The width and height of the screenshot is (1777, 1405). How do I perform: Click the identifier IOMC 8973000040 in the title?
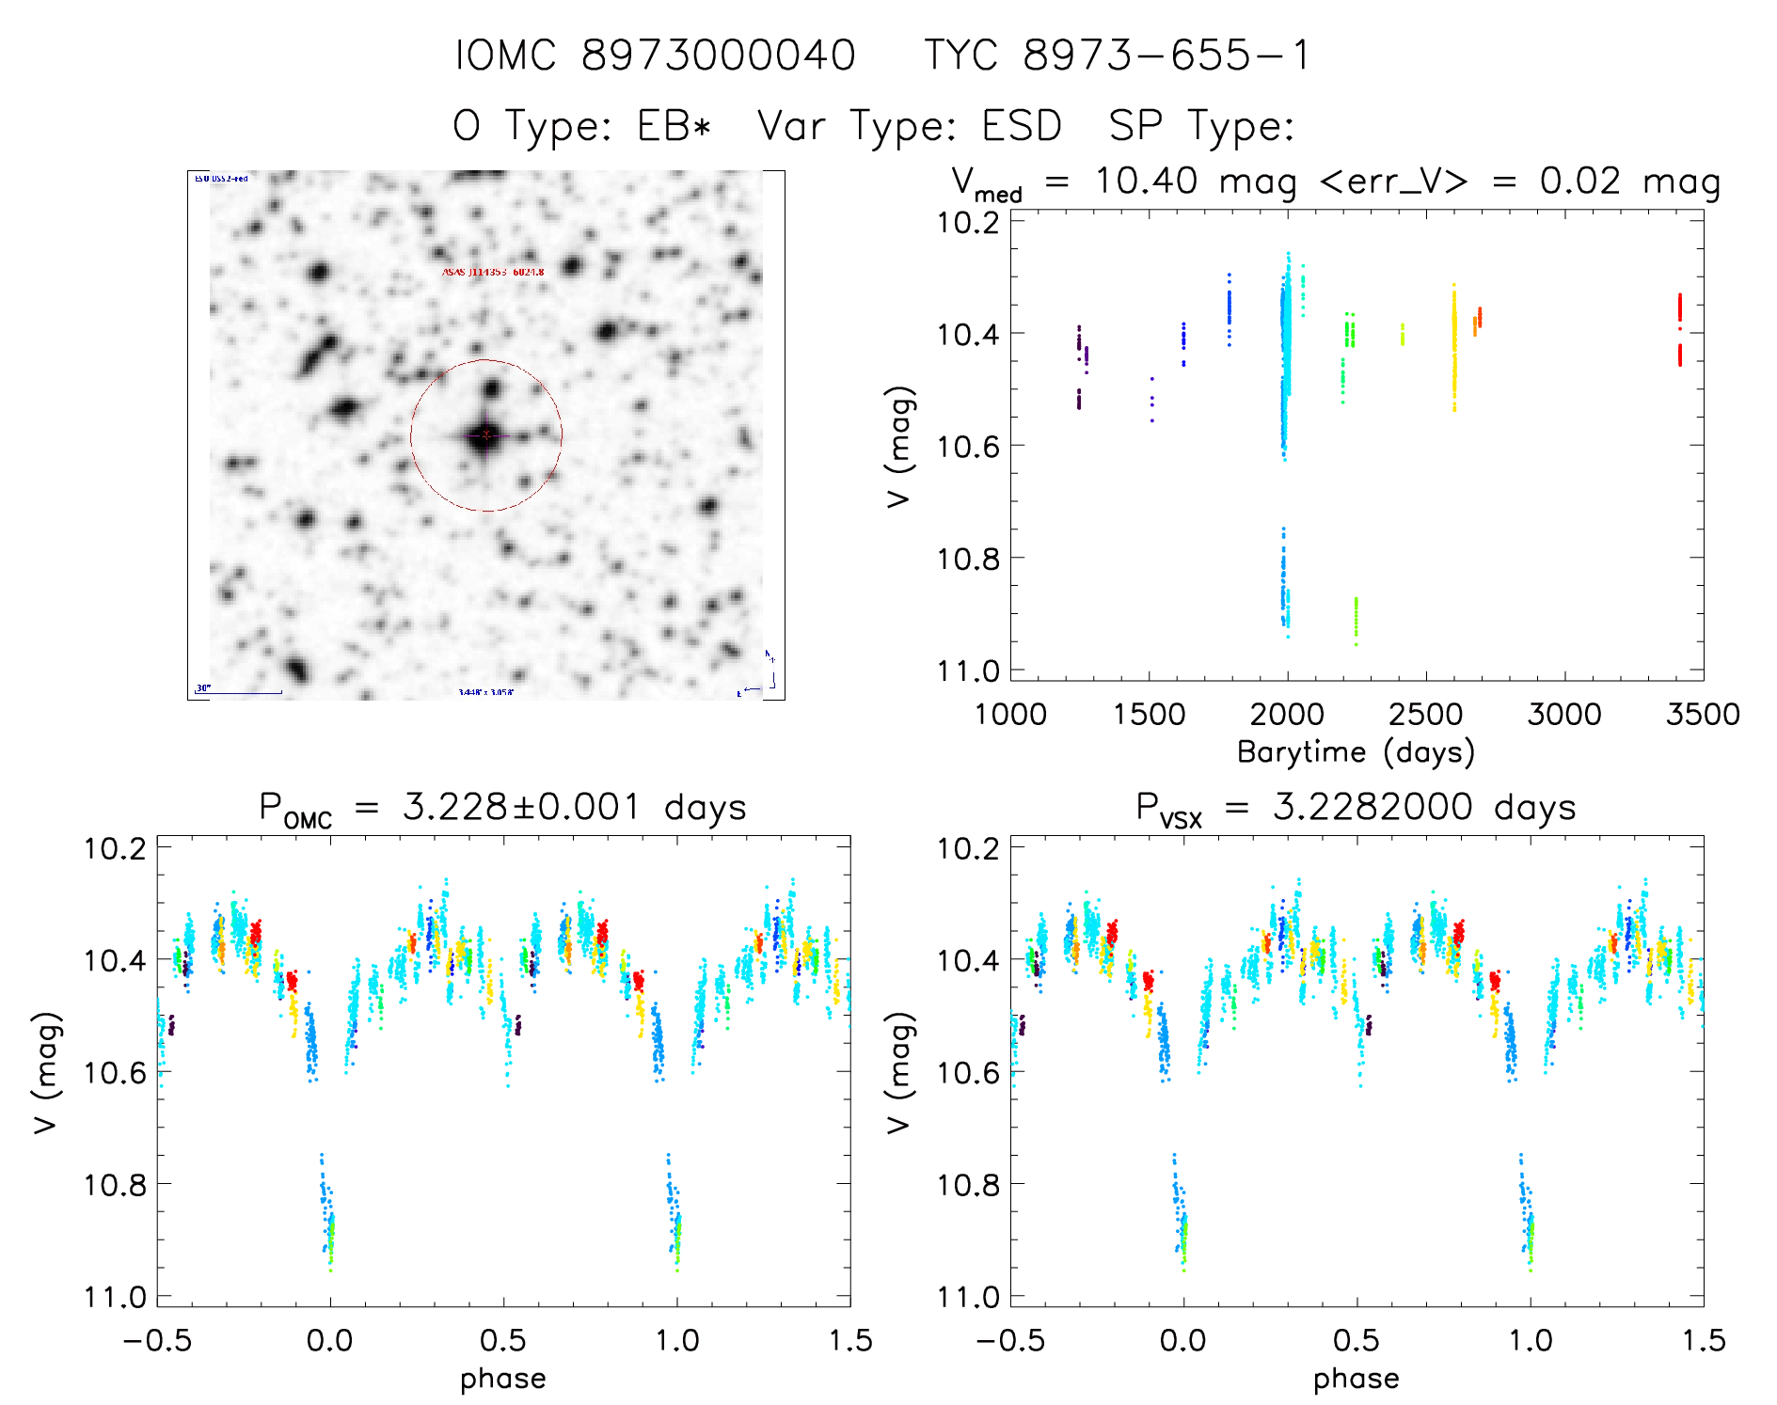click(x=656, y=55)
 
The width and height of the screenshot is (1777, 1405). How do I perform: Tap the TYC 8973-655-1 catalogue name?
click(x=1117, y=55)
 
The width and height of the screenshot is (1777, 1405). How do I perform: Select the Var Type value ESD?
click(x=1022, y=126)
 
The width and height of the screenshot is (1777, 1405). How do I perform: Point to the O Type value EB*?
click(x=674, y=126)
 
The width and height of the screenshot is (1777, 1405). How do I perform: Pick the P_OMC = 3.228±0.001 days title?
click(x=502, y=808)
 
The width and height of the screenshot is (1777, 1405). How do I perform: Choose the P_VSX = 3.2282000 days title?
click(x=1356, y=808)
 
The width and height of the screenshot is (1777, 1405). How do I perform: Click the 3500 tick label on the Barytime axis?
click(x=1703, y=715)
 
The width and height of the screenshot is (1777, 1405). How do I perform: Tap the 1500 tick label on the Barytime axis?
click(x=1149, y=715)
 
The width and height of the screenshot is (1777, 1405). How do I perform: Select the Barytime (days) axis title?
click(x=1356, y=752)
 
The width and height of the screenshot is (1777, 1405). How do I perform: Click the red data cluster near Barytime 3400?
click(x=1679, y=329)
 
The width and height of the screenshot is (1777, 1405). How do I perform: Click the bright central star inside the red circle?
click(x=484, y=434)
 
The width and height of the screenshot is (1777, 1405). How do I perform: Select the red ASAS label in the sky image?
click(x=493, y=272)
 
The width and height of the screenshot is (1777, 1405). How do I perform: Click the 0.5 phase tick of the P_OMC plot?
click(x=502, y=1340)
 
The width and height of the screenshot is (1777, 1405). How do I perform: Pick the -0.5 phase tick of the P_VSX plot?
click(x=1010, y=1340)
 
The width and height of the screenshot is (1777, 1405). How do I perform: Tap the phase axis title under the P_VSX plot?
click(x=1356, y=1379)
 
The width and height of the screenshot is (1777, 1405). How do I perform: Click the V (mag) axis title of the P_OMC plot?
click(x=47, y=1072)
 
